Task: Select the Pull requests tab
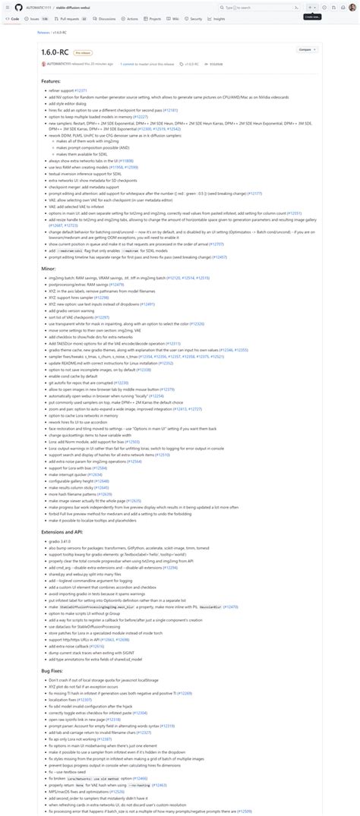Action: click(68, 18)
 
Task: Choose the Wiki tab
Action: click(174, 18)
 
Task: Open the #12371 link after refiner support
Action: click(81, 90)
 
